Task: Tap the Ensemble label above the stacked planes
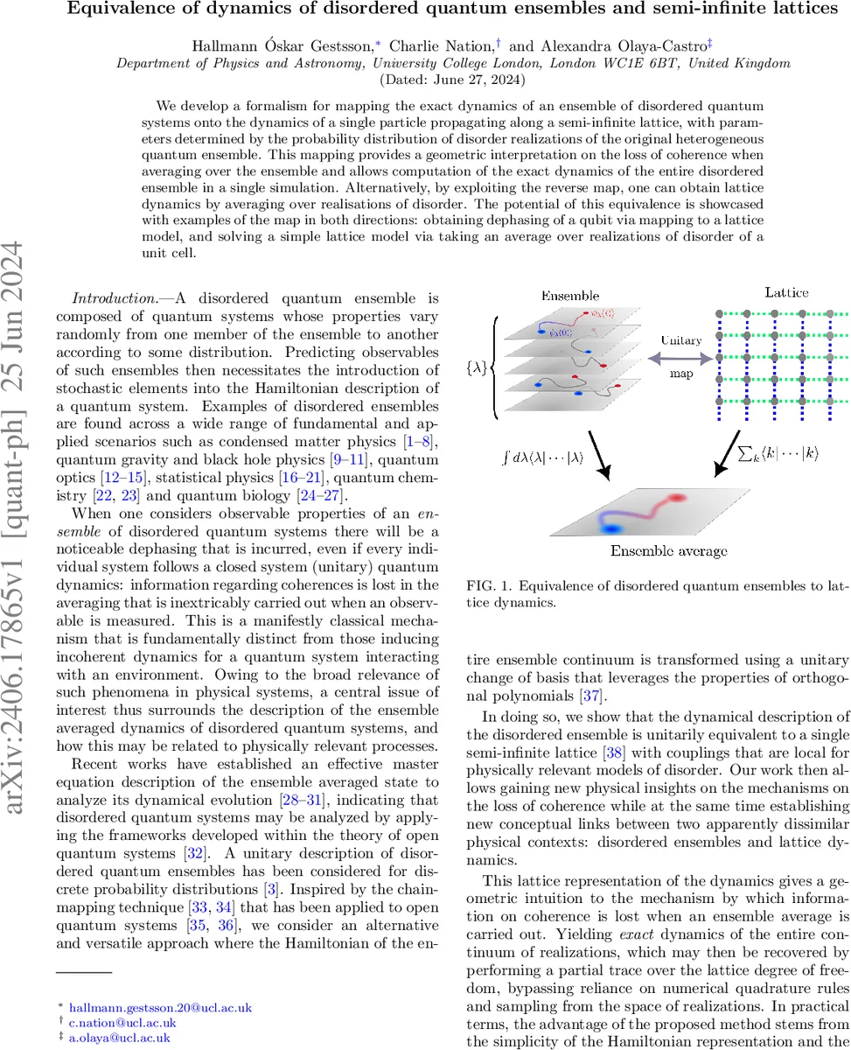click(569, 296)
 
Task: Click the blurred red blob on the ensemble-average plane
click(679, 498)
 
